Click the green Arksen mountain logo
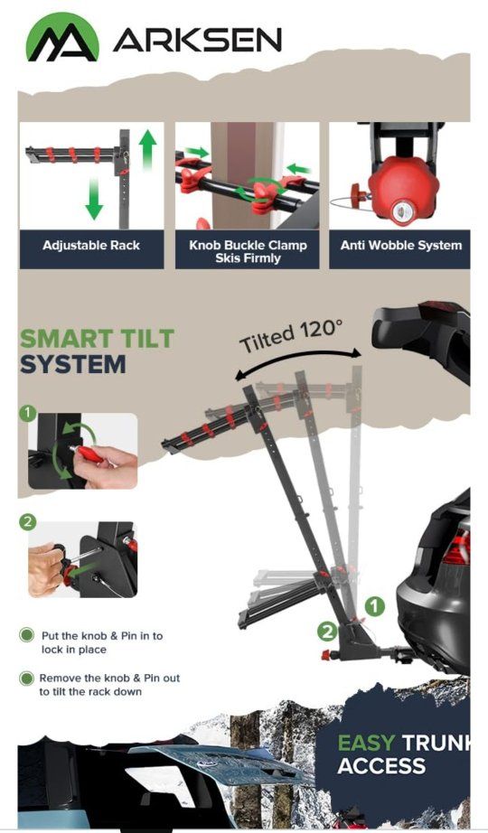pos(62,37)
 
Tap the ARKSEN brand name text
pos(197,41)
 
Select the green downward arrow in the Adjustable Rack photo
pos(94,199)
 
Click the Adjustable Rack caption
pos(91,246)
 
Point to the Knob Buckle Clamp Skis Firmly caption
pos(248,252)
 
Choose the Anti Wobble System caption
pos(401,246)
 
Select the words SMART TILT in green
pos(98,339)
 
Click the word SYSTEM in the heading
pos(73,364)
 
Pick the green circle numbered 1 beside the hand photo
pos(28,413)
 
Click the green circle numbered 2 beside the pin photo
pos(28,522)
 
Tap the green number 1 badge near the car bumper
pos(375,606)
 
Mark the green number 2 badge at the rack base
pos(327,632)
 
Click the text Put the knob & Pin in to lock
pos(101,642)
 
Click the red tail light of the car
pos(457,548)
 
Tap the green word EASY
pos(367,743)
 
